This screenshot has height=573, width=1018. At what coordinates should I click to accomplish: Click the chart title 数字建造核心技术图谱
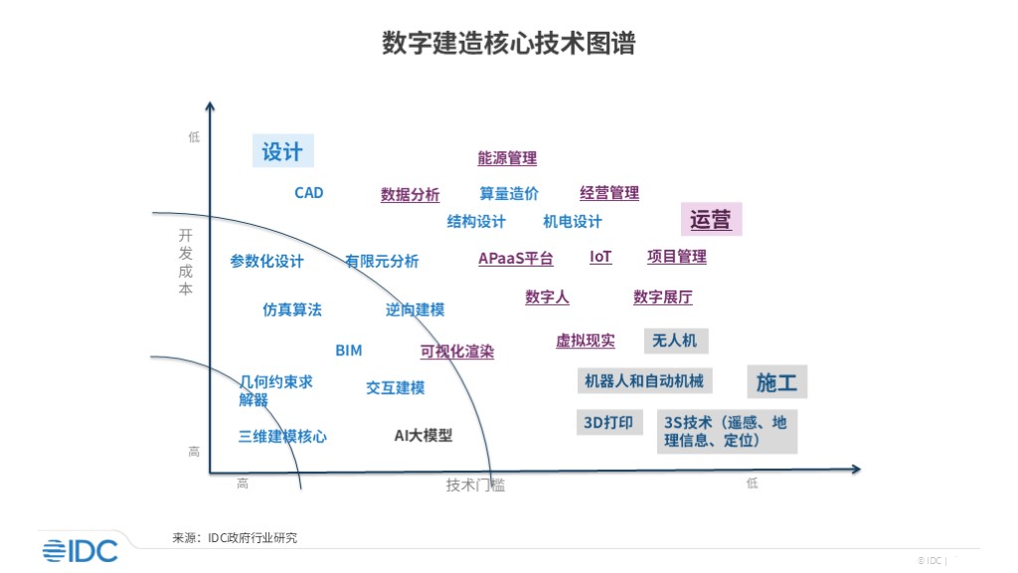pyautogui.click(x=508, y=44)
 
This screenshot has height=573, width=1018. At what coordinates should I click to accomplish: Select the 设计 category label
pyautogui.click(x=282, y=151)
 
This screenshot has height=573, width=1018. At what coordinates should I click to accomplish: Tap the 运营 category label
pyautogui.click(x=711, y=220)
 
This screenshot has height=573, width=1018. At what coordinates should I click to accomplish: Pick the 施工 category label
pyautogui.click(x=776, y=382)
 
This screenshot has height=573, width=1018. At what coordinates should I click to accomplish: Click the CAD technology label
pyautogui.click(x=309, y=193)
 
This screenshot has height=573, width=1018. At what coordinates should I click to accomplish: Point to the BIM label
pyautogui.click(x=349, y=350)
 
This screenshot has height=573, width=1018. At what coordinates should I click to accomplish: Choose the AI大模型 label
pyautogui.click(x=424, y=435)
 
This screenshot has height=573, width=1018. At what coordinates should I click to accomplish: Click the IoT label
pyautogui.click(x=600, y=257)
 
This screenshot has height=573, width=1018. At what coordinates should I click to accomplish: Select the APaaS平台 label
pyautogui.click(x=515, y=259)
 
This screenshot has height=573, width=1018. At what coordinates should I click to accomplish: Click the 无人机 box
pyautogui.click(x=675, y=341)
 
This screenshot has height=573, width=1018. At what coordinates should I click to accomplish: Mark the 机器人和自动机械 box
pyautogui.click(x=644, y=381)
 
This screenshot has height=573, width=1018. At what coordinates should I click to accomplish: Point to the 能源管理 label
pyautogui.click(x=507, y=158)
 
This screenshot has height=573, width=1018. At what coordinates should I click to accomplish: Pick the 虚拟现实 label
pyautogui.click(x=585, y=341)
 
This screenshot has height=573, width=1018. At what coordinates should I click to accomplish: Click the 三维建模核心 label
pyautogui.click(x=282, y=436)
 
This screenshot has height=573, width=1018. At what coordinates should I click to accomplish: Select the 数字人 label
pyautogui.click(x=547, y=297)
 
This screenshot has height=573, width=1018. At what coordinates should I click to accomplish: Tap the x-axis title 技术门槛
pyautogui.click(x=475, y=484)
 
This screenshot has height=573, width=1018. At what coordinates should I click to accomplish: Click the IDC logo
pyautogui.click(x=80, y=550)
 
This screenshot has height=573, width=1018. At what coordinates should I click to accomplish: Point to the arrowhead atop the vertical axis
pyautogui.click(x=210, y=106)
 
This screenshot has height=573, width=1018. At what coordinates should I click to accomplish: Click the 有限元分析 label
pyautogui.click(x=382, y=262)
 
